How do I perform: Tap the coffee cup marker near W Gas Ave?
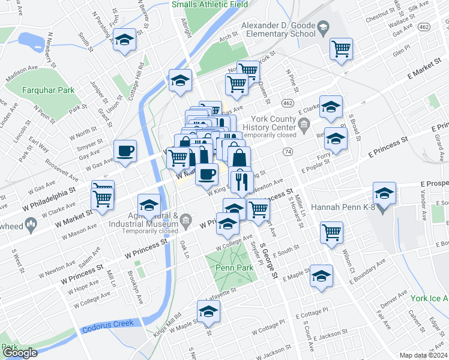coord(125,152)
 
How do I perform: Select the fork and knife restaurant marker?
coord(241,182)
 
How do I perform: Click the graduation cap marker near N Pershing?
coord(125,40)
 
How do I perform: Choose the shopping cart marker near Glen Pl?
coord(341,49)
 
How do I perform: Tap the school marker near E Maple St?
coord(321,276)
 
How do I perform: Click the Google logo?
coord(20,353)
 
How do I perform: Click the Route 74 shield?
coord(289,152)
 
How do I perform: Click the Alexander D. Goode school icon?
coord(323,28)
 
